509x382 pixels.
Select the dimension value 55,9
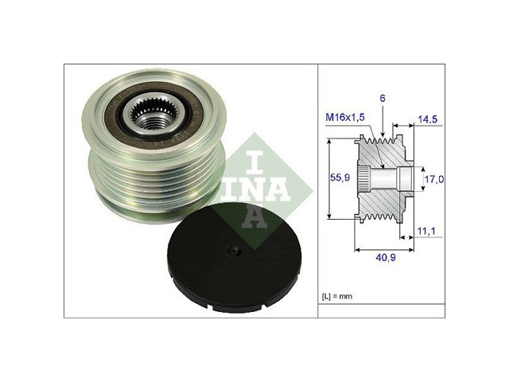tap(341, 178)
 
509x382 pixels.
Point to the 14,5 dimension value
tap(429, 119)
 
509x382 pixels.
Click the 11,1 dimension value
tap(427, 231)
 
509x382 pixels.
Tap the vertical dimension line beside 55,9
tap(328, 178)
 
